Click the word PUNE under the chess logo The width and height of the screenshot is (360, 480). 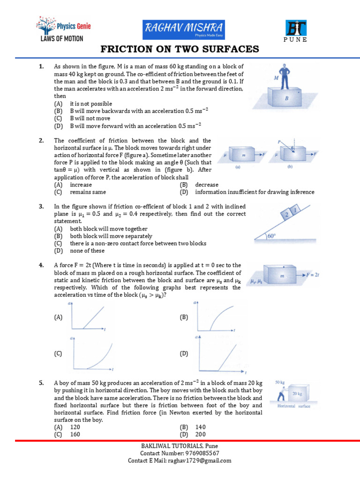click(x=295, y=40)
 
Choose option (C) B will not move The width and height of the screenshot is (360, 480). click(x=82, y=119)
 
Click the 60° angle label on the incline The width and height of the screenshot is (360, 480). click(x=272, y=237)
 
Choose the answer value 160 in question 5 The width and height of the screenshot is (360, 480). click(x=75, y=435)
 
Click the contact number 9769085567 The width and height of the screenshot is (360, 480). click(x=197, y=453)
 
